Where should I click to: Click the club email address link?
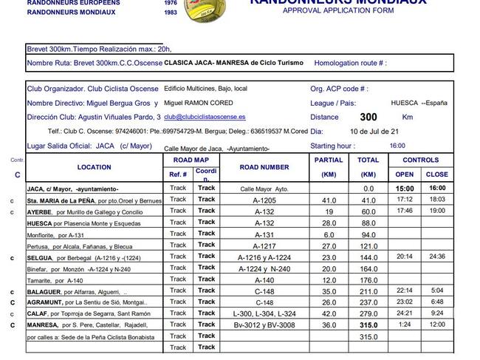tap(205, 117)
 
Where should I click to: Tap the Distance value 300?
tap(368, 117)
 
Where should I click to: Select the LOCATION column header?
tap(94, 167)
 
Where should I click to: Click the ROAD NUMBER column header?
tap(264, 167)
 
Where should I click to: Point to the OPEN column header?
tap(405, 174)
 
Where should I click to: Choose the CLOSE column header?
tap(436, 174)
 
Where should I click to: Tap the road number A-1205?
tap(264, 200)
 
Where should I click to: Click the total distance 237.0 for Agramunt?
tap(368, 302)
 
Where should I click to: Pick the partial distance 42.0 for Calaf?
tap(329, 313)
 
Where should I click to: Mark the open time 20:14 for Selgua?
tap(405, 257)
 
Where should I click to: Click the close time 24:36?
tap(436, 257)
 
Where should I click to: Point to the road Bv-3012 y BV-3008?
tap(264, 325)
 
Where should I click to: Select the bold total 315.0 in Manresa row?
tap(368, 325)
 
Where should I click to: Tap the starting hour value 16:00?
tap(397, 146)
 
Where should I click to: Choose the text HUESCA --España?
tap(419, 103)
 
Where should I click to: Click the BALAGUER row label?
tap(45, 291)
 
